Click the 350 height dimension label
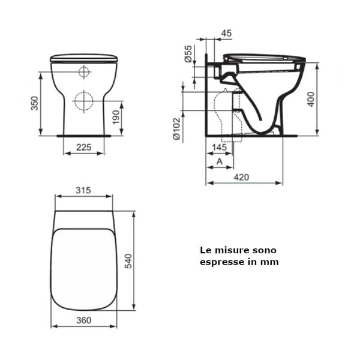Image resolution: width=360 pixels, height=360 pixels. pyautogui.click(x=35, y=104)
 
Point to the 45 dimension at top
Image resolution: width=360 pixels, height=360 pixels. pyautogui.click(x=226, y=34)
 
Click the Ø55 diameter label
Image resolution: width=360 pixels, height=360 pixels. pyautogui.click(x=187, y=54)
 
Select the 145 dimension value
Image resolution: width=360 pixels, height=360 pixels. pyautogui.click(x=219, y=148)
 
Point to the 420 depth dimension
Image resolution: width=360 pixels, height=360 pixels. pyautogui.click(x=242, y=177)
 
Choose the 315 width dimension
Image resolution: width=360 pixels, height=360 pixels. pyautogui.click(x=83, y=190)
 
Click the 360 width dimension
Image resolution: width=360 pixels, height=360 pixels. pyautogui.click(x=83, y=320)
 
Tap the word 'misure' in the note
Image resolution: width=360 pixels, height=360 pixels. pyautogui.click(x=231, y=250)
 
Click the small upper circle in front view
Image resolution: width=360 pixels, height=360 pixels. pyautogui.click(x=84, y=73)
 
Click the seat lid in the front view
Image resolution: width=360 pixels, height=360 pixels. pyautogui.click(x=83, y=58)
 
